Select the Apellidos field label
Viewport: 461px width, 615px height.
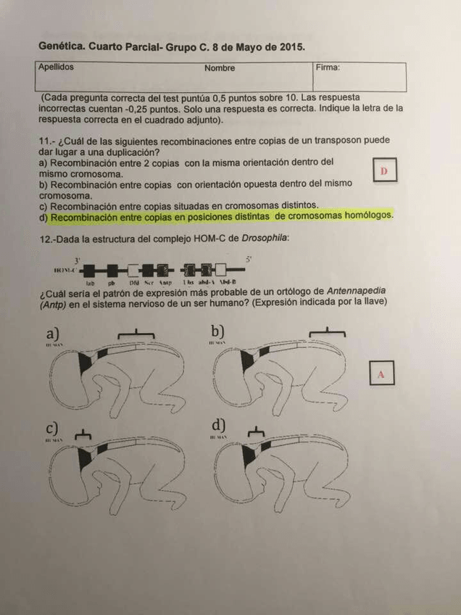pos(57,67)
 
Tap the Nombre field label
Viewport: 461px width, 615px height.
pos(220,68)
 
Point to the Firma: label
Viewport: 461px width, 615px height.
pos(328,67)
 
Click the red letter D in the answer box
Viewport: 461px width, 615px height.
pos(384,170)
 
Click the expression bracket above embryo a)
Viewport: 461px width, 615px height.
pos(136,332)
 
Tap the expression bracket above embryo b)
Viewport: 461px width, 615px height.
pos(327,332)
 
